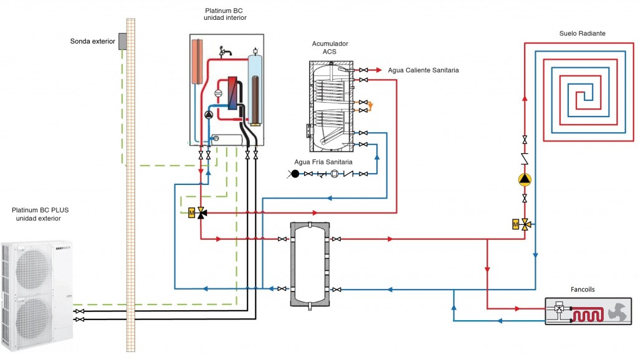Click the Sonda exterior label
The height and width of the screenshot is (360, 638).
(x=93, y=42)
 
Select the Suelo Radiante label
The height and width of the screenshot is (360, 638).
(x=582, y=33)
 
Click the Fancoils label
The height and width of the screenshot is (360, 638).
(x=584, y=290)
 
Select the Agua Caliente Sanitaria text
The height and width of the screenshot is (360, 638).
(x=423, y=70)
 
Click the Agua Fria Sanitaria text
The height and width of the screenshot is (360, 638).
(x=323, y=162)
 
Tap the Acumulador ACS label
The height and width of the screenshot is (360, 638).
(x=330, y=47)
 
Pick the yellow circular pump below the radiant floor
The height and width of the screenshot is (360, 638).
(x=525, y=180)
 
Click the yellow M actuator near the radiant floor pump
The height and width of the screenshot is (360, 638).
(x=515, y=224)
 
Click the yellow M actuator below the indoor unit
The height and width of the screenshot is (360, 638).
(x=192, y=213)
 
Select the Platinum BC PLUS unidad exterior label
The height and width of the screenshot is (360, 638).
(x=40, y=214)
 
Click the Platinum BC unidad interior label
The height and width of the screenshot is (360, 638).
(x=225, y=14)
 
